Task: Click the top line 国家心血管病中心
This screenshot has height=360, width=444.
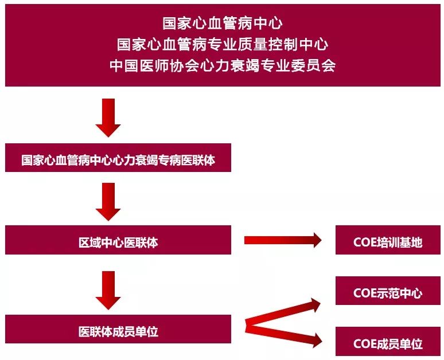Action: [x=223, y=24]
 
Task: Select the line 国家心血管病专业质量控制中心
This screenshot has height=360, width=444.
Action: [x=223, y=44]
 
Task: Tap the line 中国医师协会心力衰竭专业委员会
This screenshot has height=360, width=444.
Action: [x=223, y=65]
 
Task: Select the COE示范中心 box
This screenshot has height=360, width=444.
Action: [x=388, y=293]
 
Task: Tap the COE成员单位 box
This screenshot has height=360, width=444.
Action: [x=388, y=343]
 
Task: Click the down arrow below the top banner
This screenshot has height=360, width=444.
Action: [x=108, y=117]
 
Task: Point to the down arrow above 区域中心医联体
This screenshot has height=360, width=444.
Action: [x=108, y=201]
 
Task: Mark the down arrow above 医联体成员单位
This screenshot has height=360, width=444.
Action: [x=108, y=289]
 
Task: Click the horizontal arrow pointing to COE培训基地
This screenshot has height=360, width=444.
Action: [x=283, y=240]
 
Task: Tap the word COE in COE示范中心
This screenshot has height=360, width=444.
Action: [x=365, y=293]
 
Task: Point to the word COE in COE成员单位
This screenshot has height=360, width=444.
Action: [x=365, y=343]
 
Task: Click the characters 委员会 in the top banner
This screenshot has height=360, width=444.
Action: [x=316, y=65]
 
